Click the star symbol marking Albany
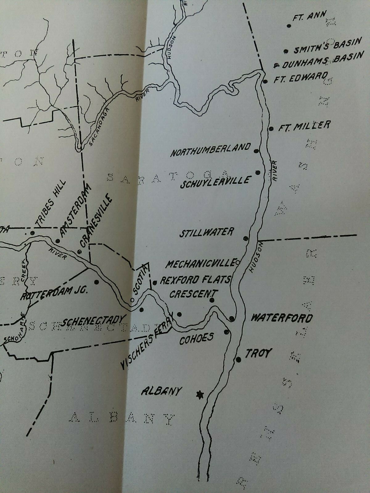(x=200, y=394)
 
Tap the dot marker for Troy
(x=238, y=359)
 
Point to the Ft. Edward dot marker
(x=265, y=81)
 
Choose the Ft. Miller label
(x=304, y=126)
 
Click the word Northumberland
(x=211, y=150)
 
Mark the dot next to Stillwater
(x=246, y=238)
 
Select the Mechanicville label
(x=200, y=263)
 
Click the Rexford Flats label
(x=195, y=280)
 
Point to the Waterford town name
(x=282, y=318)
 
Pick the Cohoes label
(x=196, y=339)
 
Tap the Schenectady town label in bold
(x=94, y=321)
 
